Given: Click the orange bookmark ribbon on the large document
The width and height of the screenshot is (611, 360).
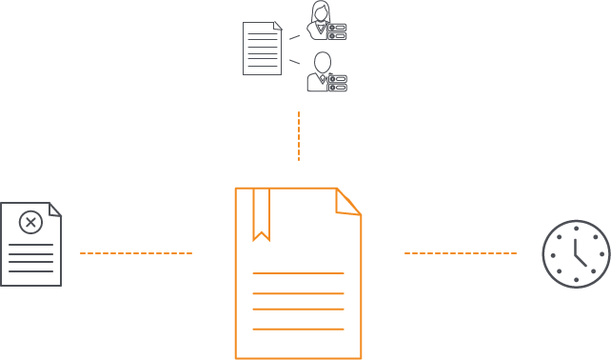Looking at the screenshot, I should tap(261, 212).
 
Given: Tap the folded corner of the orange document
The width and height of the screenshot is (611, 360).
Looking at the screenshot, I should tap(348, 201).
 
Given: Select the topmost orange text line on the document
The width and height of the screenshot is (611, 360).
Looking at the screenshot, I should tap(298, 273).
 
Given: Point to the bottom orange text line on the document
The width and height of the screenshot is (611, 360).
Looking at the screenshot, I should tap(298, 329).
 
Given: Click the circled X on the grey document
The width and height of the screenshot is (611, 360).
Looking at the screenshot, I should tap(30, 224).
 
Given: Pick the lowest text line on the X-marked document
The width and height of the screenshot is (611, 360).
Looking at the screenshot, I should tap(30, 270).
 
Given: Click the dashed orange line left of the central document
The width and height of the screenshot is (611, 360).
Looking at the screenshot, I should tap(136, 253).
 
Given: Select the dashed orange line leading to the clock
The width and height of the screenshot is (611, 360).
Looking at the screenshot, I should tap(461, 253).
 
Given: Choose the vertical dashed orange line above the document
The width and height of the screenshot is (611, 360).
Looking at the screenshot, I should tap(299, 136).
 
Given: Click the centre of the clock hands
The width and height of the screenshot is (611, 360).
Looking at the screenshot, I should tap(576, 254).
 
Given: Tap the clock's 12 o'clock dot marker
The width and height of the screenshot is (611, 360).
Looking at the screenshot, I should tap(576, 227).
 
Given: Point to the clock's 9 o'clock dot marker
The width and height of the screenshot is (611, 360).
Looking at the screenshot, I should tap(549, 254).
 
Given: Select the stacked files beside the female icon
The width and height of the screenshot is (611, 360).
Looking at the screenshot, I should tap(337, 31).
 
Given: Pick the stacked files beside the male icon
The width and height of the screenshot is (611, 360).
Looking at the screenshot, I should tap(337, 83).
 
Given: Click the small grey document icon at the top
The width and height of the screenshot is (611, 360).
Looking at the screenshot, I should tap(263, 48).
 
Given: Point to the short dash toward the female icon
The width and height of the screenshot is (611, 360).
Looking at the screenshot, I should tap(295, 37).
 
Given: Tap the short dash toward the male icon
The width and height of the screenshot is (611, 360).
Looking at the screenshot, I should tap(295, 61).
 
